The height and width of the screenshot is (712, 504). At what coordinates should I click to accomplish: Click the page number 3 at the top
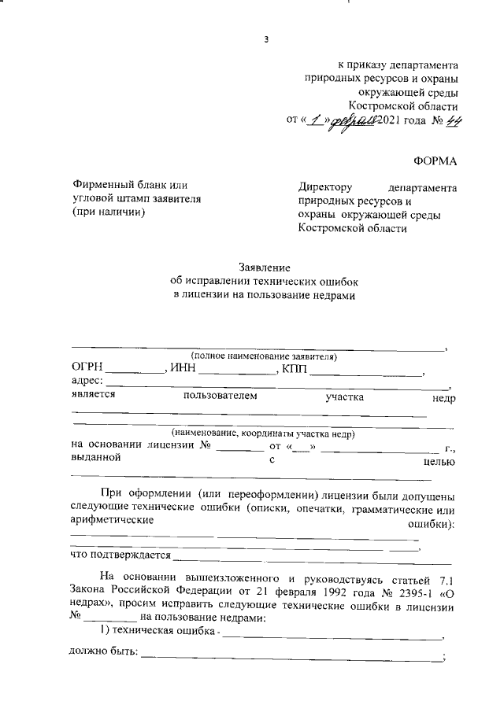click(266, 41)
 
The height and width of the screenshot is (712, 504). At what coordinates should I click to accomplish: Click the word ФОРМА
click(435, 161)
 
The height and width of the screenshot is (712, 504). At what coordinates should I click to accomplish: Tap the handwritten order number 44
click(452, 120)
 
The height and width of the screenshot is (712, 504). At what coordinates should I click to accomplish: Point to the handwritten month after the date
click(354, 120)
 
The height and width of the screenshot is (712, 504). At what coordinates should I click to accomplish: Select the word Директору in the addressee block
click(324, 187)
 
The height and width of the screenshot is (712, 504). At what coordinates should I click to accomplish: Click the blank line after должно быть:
click(291, 657)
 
